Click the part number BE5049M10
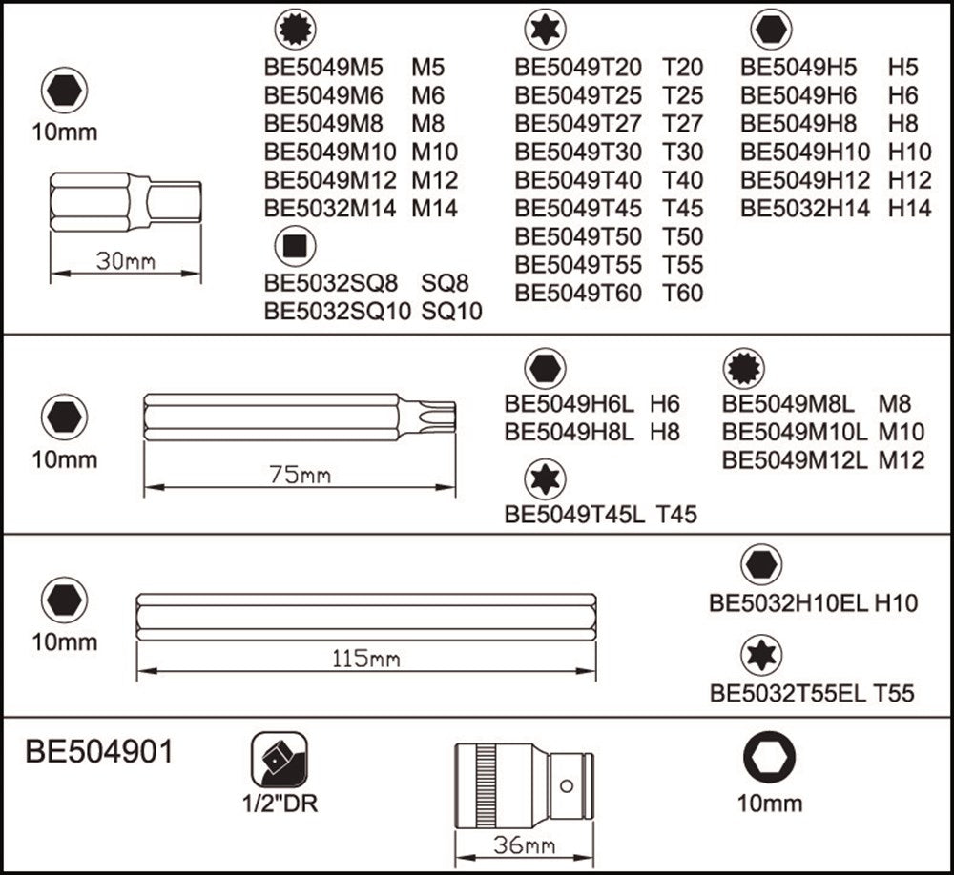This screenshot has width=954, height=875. tap(330, 151)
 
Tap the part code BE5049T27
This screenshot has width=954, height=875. tap(578, 123)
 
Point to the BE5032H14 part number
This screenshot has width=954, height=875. tap(805, 208)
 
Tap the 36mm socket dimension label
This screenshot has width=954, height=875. tap(526, 844)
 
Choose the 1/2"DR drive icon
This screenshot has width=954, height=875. tap(279, 759)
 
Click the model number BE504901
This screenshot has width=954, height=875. tap(100, 751)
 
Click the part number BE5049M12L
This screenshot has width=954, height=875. tap(795, 459)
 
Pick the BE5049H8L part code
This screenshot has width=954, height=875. tap(570, 432)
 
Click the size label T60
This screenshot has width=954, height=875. tap(682, 293)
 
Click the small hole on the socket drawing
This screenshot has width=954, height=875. tap(566, 785)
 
